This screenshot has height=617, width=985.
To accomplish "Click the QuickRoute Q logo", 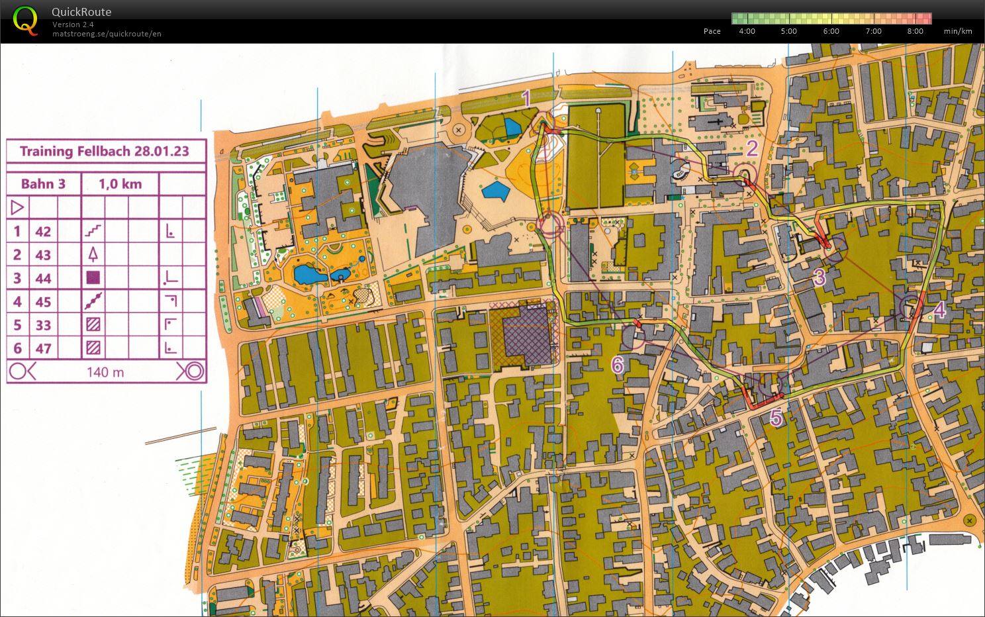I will pyautogui.click(x=25, y=21).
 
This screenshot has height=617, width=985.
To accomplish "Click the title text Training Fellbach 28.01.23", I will pyautogui.click(x=105, y=151).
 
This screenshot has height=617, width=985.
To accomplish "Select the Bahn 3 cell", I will pyautogui.click(x=43, y=184).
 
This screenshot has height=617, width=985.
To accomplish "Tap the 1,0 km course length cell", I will pyautogui.click(x=120, y=184).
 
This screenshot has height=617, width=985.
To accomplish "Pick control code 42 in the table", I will pyautogui.click(x=43, y=231).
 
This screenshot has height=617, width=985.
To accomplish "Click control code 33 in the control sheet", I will pyautogui.click(x=43, y=325).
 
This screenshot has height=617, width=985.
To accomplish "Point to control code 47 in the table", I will pyautogui.click(x=43, y=348).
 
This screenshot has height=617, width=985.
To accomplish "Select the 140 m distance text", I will pyautogui.click(x=105, y=372).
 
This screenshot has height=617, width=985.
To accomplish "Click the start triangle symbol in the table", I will pyautogui.click(x=17, y=208).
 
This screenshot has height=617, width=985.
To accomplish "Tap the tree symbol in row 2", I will pyautogui.click(x=93, y=254).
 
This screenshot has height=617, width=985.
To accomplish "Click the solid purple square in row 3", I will pyautogui.click(x=93, y=278).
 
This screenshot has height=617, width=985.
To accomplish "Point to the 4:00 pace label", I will pyautogui.click(x=747, y=31).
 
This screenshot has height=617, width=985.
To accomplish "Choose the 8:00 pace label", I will pyautogui.click(x=915, y=31).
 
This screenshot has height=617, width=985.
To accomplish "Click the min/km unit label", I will pyautogui.click(x=958, y=31).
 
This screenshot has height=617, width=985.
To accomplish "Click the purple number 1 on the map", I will pyautogui.click(x=526, y=99).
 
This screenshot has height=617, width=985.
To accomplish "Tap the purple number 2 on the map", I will pyautogui.click(x=752, y=148).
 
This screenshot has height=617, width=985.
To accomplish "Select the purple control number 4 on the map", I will pyautogui.click(x=939, y=310).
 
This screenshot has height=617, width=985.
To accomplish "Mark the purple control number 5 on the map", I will pyautogui.click(x=776, y=418).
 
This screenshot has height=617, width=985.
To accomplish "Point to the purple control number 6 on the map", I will pyautogui.click(x=617, y=364).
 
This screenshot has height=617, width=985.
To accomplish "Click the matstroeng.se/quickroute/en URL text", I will pyautogui.click(x=107, y=34).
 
